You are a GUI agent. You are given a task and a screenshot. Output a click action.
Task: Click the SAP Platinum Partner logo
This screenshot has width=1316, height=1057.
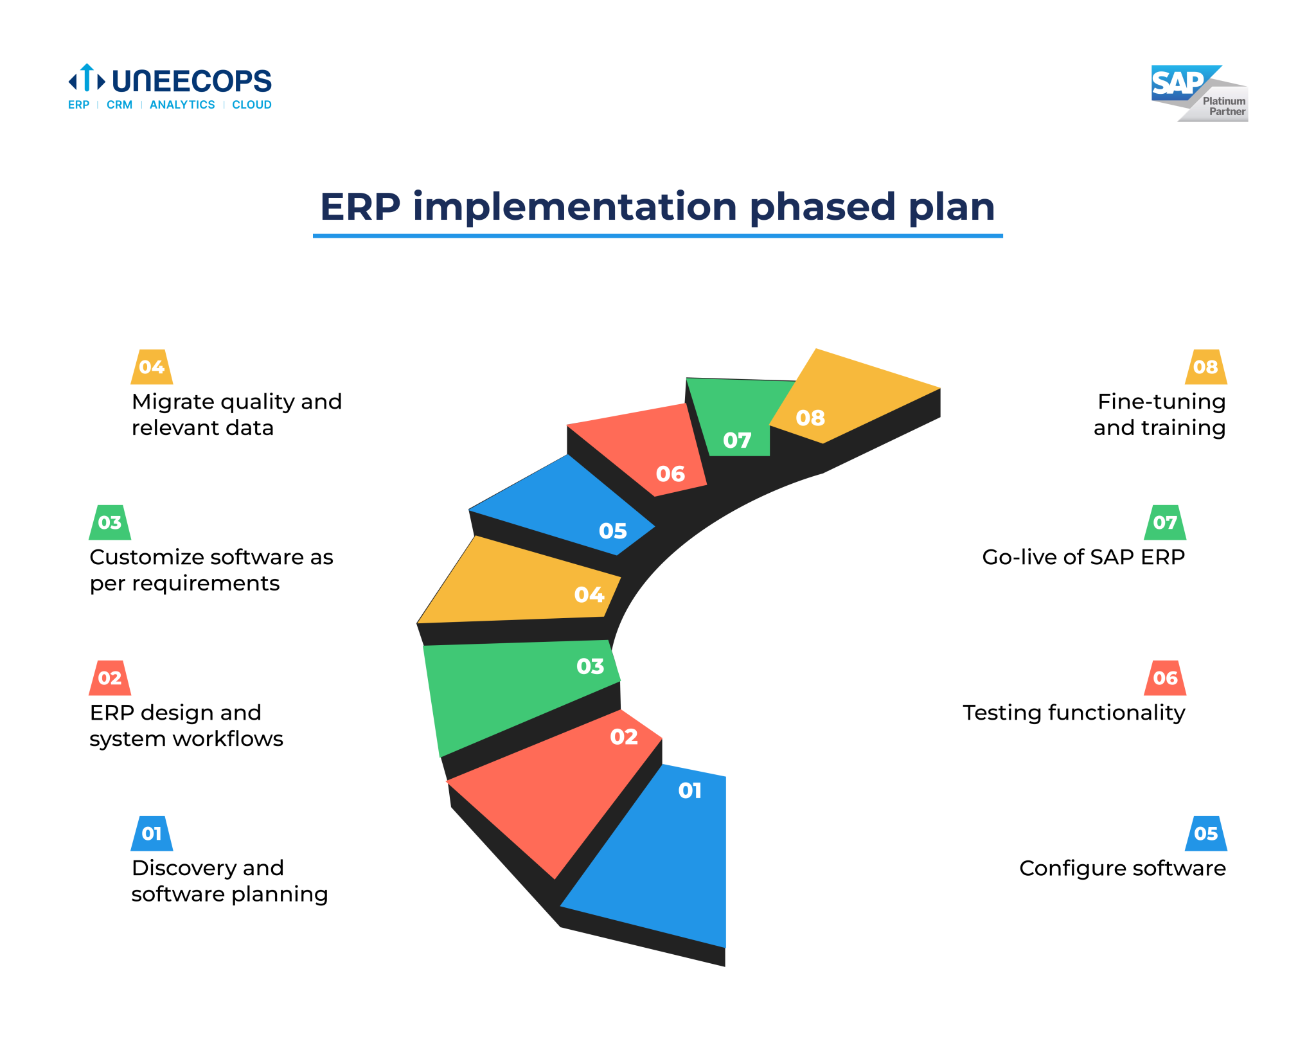click(x=1199, y=93)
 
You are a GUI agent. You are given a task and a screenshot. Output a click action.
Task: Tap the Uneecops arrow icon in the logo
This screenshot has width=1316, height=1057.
click(x=87, y=79)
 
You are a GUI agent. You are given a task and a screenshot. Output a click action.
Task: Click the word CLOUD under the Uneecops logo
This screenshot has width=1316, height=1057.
click(x=251, y=105)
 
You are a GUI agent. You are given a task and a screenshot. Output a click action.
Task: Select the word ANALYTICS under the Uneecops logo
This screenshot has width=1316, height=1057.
click(x=182, y=105)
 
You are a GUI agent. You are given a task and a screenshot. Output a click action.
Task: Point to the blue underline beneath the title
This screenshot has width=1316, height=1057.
click(x=657, y=236)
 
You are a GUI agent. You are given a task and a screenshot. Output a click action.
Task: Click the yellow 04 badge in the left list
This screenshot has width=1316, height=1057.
click(x=152, y=367)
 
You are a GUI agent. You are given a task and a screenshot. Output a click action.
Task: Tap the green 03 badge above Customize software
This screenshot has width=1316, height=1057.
click(x=110, y=522)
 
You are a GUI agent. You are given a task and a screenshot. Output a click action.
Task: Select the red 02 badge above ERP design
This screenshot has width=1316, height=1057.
click(x=110, y=678)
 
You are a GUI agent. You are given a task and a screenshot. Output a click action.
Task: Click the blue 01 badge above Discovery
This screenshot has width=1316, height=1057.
click(x=152, y=833)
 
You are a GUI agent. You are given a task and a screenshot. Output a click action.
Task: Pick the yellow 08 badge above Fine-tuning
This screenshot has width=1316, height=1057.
click(x=1205, y=367)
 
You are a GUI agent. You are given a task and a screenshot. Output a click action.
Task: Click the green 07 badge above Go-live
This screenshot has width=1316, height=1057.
click(x=1164, y=522)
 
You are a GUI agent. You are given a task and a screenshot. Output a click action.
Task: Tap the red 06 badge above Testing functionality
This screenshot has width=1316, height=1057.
click(x=1164, y=678)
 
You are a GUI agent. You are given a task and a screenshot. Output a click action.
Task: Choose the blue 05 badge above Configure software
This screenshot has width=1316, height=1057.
click(x=1205, y=833)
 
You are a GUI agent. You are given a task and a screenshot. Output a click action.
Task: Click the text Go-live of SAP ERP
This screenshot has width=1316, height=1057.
click(x=1083, y=557)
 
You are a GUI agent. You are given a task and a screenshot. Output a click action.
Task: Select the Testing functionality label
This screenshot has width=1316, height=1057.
click(x=1074, y=713)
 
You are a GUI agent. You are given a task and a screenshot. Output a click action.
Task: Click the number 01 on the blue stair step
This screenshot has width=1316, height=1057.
click(x=689, y=790)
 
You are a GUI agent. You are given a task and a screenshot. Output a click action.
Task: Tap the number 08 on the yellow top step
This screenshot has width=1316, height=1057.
click(x=810, y=418)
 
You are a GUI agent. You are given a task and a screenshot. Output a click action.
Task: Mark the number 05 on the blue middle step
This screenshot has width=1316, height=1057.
click(x=612, y=531)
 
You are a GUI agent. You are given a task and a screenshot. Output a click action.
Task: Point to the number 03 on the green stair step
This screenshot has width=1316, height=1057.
click(x=590, y=666)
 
